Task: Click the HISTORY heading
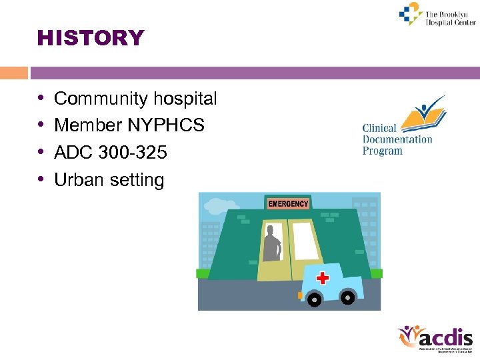point(91,39)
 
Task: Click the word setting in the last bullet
point(137,181)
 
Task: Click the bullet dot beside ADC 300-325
point(41,153)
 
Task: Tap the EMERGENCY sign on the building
point(288,203)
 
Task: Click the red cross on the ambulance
point(323,277)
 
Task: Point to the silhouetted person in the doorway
point(271,244)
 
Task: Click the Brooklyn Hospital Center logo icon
point(411,13)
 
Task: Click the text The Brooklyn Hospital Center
point(451,18)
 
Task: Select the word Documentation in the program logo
point(397,139)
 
